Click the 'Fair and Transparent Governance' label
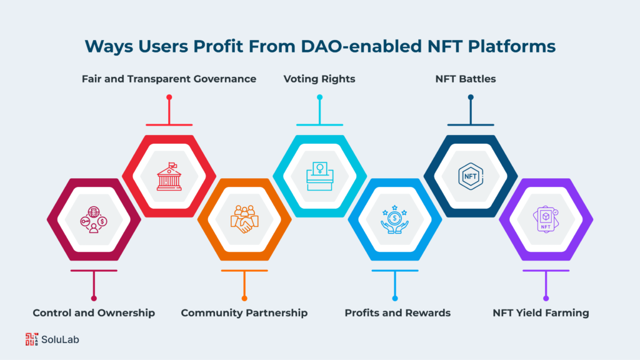(169, 79)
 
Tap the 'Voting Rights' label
(319, 79)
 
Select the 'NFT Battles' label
(470, 79)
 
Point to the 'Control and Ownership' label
(94, 312)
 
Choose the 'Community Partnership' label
(244, 312)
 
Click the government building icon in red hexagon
(169, 176)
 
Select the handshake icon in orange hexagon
(244, 219)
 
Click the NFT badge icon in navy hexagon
(470, 176)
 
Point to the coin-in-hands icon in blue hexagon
(395, 219)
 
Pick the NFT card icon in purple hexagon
(546, 219)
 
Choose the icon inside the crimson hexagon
(94, 219)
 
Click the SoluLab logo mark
(31, 339)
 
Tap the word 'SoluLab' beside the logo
(61, 340)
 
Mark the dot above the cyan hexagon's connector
(319, 97)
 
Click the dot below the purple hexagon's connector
(546, 298)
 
